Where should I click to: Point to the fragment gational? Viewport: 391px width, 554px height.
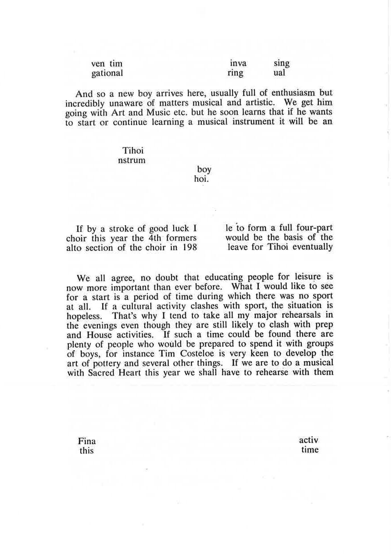(x=107, y=73)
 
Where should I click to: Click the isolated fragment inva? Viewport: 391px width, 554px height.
(x=238, y=63)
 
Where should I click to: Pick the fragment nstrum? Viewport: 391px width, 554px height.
(x=132, y=160)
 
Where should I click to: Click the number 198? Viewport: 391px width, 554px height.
(x=188, y=247)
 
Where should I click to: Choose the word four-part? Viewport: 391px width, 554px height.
(x=315, y=228)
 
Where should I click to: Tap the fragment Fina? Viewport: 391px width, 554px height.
(x=87, y=441)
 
